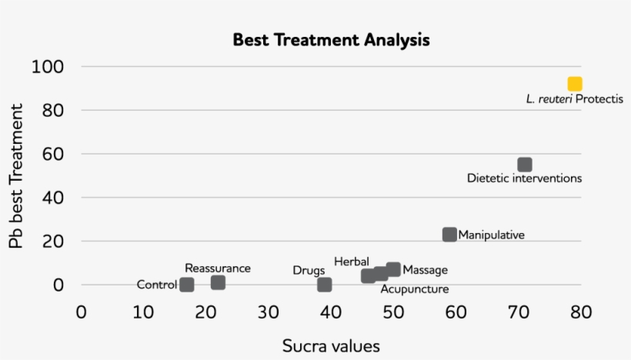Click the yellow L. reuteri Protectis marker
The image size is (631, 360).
[x=575, y=84]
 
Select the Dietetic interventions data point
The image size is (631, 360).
[x=525, y=165]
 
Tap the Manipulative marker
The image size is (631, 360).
[x=450, y=234]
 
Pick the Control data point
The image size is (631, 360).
[x=187, y=285]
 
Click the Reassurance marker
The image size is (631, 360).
[x=218, y=282]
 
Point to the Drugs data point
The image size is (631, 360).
[x=325, y=285]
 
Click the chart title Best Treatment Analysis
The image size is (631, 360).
[x=331, y=40]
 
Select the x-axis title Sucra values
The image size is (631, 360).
[x=331, y=345]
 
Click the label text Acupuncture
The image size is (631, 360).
[x=415, y=289]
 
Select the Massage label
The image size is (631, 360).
[x=426, y=270]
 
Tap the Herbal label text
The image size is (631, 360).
[x=352, y=262]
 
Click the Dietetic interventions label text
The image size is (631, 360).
[x=524, y=178]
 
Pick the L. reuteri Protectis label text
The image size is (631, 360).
[x=574, y=99]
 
